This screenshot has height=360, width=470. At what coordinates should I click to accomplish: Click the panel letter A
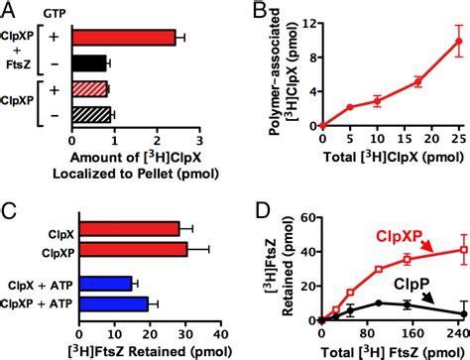(10, 12)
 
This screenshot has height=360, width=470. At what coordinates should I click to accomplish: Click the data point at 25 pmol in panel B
(457, 42)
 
